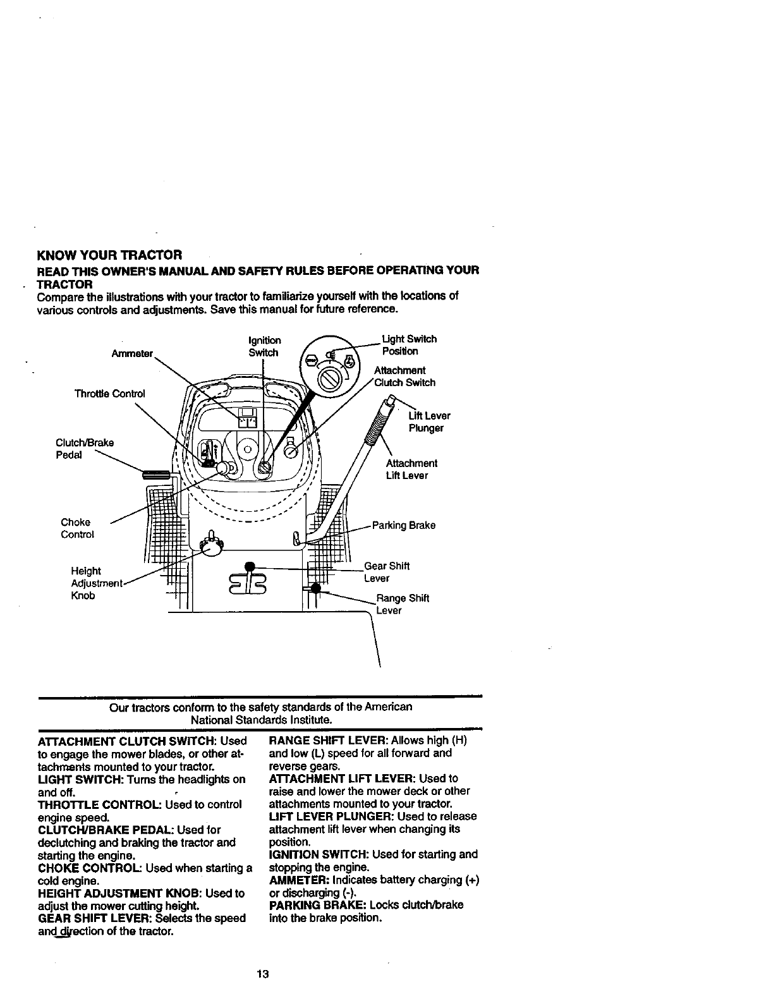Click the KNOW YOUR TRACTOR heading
(110, 255)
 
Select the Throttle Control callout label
(109, 394)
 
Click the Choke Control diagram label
(77, 528)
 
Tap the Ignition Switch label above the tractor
(264, 346)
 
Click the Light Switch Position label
(409, 345)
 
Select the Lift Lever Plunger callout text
(429, 422)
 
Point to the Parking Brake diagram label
(403, 525)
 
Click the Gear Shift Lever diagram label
(387, 572)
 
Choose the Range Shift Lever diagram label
(402, 604)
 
